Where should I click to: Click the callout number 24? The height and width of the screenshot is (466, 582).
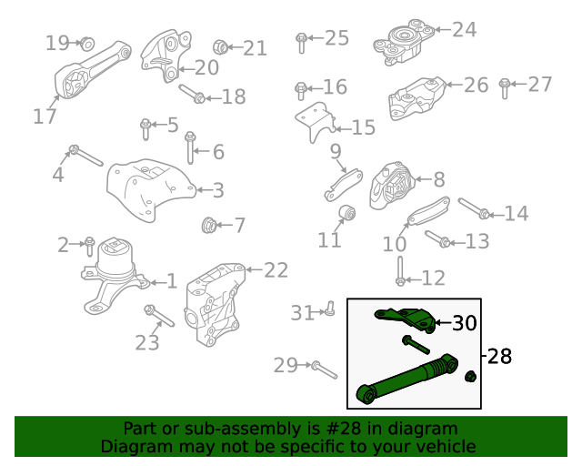[x=465, y=30]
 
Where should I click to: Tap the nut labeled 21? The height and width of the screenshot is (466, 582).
[x=220, y=46]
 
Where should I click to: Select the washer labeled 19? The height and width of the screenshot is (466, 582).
[x=87, y=44]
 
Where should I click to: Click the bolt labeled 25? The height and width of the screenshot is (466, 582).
[x=301, y=43]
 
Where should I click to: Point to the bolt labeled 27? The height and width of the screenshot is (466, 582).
[x=505, y=88]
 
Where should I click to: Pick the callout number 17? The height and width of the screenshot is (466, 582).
[x=45, y=116]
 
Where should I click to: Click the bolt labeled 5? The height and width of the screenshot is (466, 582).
[x=145, y=129]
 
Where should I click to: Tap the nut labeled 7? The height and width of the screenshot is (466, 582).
[x=208, y=225]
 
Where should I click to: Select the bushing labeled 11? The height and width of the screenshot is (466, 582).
[x=347, y=213]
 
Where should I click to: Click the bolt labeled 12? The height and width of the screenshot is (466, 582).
[x=400, y=271]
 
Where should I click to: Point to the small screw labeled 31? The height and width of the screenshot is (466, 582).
[x=329, y=309]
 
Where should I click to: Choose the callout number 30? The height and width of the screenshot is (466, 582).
[x=465, y=323]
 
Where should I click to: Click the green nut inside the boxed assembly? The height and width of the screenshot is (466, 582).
[x=471, y=377]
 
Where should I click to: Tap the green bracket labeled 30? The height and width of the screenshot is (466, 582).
[x=406, y=319]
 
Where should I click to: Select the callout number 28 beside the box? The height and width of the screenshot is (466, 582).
[x=499, y=356]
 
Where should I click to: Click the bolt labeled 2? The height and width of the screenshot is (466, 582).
[x=89, y=246]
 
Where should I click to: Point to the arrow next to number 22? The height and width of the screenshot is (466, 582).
[x=254, y=269]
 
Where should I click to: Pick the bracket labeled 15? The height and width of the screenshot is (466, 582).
[x=316, y=122]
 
